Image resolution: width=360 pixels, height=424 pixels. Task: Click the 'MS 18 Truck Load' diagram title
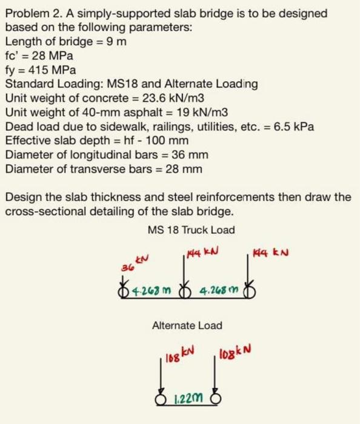[191, 230]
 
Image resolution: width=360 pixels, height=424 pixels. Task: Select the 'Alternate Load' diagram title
[187, 325]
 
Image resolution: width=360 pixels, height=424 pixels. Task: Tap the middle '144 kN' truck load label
[202, 250]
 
